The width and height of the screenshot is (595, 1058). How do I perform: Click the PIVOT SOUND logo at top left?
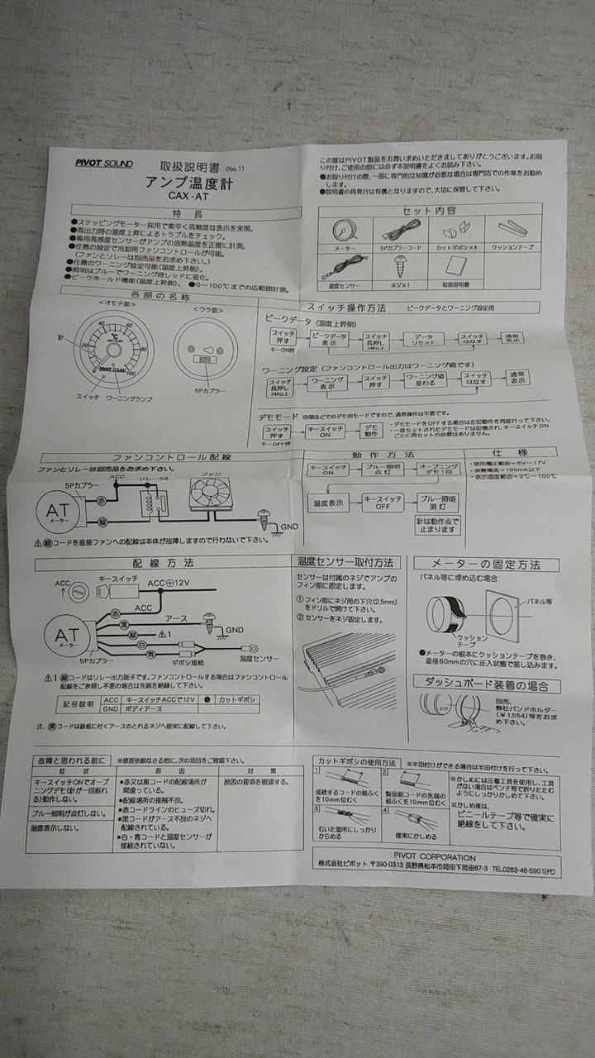[103, 163]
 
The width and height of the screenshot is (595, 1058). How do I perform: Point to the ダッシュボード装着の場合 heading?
[486, 685]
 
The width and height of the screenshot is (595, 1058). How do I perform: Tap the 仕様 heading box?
[512, 454]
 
